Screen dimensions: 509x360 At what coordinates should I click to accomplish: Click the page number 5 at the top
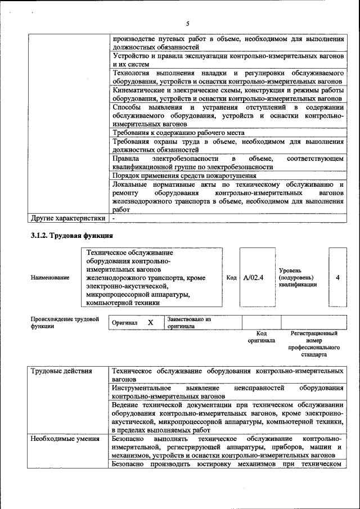(x=187, y=24)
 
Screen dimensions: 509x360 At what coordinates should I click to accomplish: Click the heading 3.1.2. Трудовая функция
(x=72, y=235)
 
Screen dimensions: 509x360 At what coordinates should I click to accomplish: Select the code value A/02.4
(x=254, y=277)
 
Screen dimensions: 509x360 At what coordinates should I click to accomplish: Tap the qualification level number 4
(x=337, y=277)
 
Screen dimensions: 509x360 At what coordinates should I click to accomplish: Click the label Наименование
(x=50, y=277)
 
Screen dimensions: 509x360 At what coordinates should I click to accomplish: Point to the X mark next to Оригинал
(x=150, y=323)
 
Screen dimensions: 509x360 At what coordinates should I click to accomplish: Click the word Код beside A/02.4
(x=231, y=277)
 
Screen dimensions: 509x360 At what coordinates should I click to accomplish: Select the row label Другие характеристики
(x=67, y=218)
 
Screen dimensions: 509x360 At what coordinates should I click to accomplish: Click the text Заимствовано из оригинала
(x=188, y=322)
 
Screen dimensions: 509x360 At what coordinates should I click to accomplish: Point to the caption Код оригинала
(x=261, y=337)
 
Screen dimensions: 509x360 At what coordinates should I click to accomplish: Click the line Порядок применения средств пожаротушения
(x=184, y=175)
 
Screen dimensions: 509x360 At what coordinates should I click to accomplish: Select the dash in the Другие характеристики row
(x=114, y=218)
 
